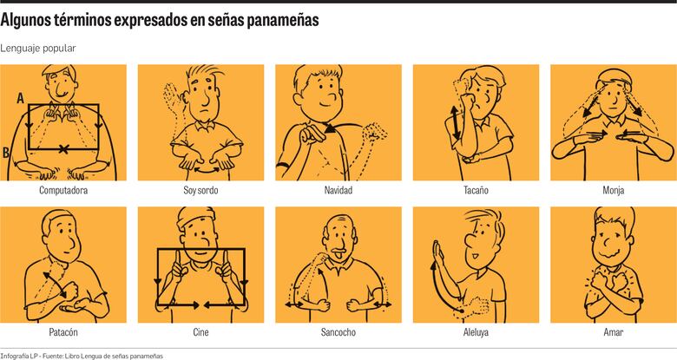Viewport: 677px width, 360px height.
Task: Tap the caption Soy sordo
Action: click(200, 190)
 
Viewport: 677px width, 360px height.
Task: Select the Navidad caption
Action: click(338, 190)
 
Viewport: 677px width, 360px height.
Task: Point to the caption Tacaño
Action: click(476, 190)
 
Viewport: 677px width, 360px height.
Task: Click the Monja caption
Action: click(613, 190)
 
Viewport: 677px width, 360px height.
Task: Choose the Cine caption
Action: click(200, 332)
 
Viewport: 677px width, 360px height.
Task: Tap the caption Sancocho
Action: click(338, 332)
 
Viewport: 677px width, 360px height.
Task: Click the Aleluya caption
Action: click(476, 332)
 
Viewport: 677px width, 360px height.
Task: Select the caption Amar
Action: click(613, 332)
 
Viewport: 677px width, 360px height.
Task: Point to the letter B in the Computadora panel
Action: click(7, 153)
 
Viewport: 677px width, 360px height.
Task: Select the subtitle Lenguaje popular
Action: click(38, 49)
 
